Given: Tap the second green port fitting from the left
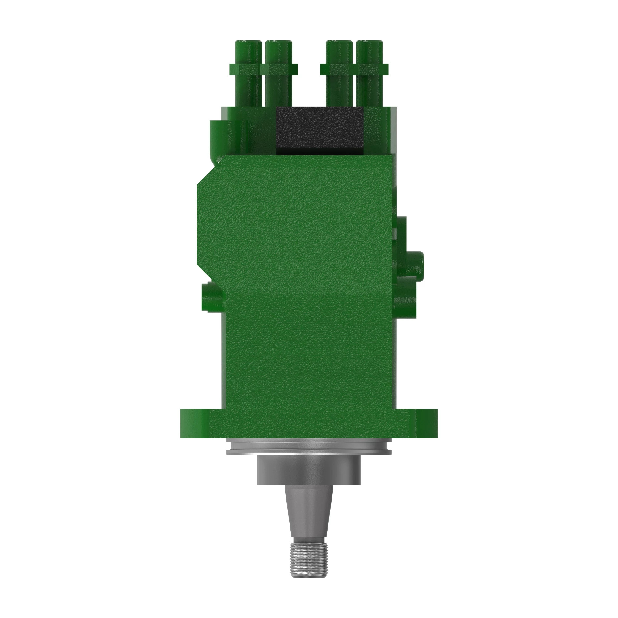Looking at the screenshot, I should [279, 74].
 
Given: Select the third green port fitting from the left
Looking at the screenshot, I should [339, 74].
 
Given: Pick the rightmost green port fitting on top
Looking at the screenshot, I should [370, 74].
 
